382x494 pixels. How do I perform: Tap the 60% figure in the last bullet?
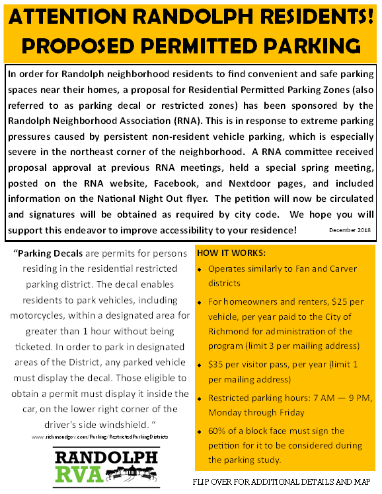[x=217, y=431]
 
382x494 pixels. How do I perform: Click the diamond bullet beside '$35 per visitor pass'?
[x=200, y=365]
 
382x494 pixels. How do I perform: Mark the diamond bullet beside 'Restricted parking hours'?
[x=200, y=398]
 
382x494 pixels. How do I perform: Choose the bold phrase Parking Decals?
[x=52, y=253]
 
